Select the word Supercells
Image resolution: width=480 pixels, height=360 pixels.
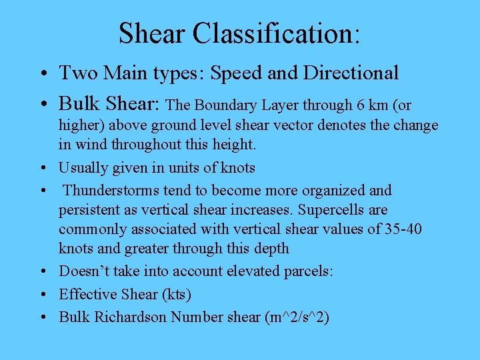point(330,209)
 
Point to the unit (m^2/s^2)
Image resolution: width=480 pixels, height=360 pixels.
point(296,317)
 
